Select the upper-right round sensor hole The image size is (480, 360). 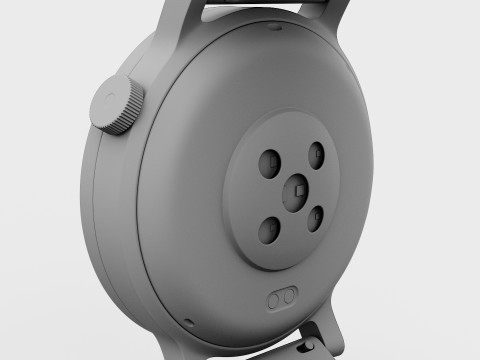tap(315, 153)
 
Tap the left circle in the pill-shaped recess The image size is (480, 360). tap(276, 299)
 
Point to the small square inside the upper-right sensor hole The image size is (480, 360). tap(317, 152)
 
